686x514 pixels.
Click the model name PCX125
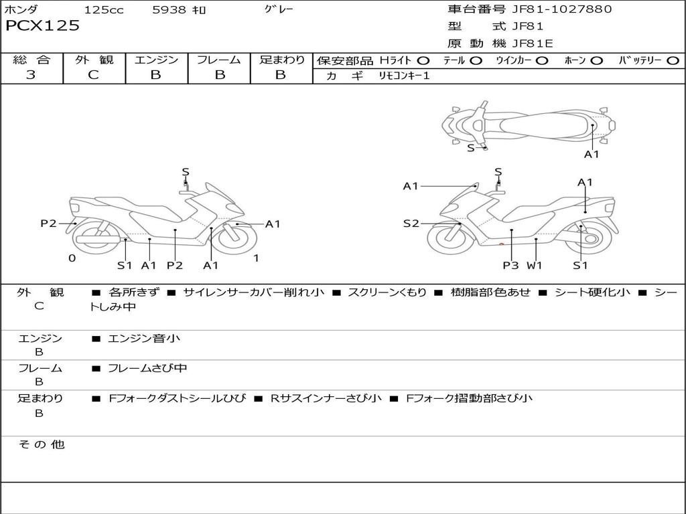point(42,25)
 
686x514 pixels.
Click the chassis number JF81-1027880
point(562,9)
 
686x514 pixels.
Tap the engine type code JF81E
point(533,44)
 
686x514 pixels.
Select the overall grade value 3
point(31,75)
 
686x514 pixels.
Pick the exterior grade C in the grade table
point(93,75)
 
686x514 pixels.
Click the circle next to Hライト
point(423,61)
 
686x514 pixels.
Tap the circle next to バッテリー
point(673,61)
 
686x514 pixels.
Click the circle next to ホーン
point(596,61)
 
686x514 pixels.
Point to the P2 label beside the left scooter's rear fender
point(48,224)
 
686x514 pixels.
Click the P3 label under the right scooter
point(510,265)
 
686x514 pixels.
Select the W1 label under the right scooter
point(534,265)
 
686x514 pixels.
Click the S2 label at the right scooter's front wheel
point(411,224)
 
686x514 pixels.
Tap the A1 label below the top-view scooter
point(592,155)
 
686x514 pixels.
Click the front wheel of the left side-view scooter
point(237,239)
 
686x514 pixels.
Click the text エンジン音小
point(144,338)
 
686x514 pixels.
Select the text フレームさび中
point(147,369)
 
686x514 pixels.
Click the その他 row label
point(42,444)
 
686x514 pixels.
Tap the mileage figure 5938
point(169,9)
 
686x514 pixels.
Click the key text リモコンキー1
point(404,76)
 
